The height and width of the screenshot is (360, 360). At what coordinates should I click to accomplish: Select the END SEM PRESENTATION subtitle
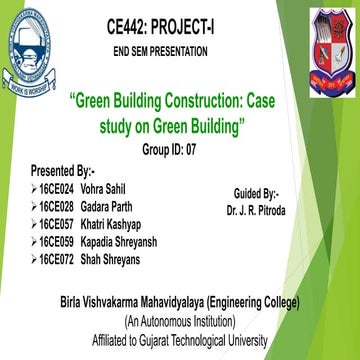162,50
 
